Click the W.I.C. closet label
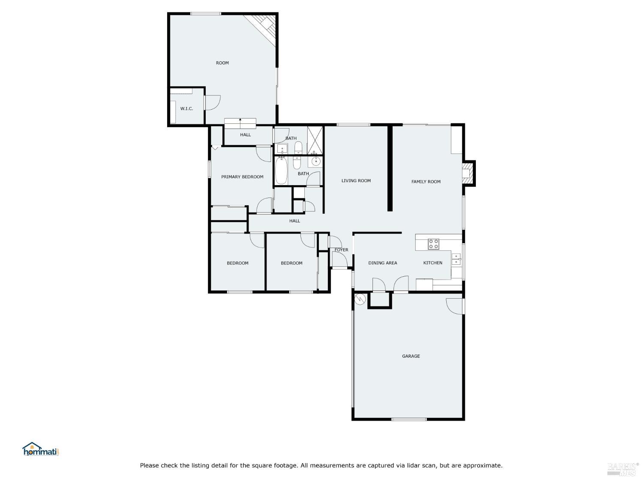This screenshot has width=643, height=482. [186, 109]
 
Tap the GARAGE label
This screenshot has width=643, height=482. [411, 356]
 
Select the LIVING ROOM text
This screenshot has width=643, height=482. [356, 181]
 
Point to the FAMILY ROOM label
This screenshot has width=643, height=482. [426, 182]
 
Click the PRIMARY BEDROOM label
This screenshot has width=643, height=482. [242, 177]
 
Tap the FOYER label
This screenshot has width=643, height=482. [341, 250]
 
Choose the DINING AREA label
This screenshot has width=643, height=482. [382, 263]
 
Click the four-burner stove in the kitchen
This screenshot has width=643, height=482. [433, 244]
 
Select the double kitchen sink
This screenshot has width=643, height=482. [457, 259]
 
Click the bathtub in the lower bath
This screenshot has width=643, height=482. [281, 171]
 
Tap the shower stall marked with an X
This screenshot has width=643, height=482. [315, 140]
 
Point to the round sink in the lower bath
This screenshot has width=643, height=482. [316, 162]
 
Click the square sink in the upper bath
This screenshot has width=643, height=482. [282, 149]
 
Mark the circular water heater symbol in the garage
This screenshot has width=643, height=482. [360, 299]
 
